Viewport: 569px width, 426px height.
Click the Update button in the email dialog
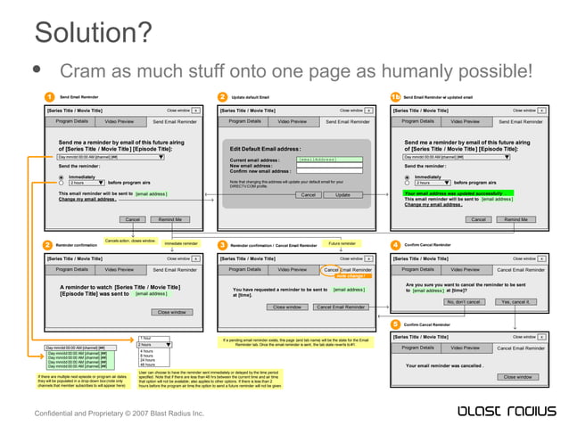click(x=342, y=194)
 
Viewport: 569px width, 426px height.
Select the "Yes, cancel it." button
click(x=515, y=301)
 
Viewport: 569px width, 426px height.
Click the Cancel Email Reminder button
click(x=340, y=307)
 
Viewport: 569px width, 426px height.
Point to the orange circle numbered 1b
click(x=395, y=95)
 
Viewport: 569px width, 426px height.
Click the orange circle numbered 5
click(x=395, y=324)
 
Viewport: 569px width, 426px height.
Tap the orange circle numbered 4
click(x=395, y=244)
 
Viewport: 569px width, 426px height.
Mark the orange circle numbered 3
click(x=222, y=244)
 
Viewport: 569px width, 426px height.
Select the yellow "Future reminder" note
click(x=342, y=242)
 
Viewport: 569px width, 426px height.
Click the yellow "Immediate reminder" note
click(x=181, y=242)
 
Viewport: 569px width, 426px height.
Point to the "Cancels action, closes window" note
click(x=130, y=241)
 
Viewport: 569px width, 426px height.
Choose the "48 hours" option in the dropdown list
click(x=147, y=365)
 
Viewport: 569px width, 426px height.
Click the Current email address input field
click(x=329, y=160)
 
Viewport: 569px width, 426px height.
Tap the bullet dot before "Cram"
click(x=38, y=70)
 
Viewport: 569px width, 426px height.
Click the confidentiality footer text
click(x=119, y=414)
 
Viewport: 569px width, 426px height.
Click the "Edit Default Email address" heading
click(x=265, y=149)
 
